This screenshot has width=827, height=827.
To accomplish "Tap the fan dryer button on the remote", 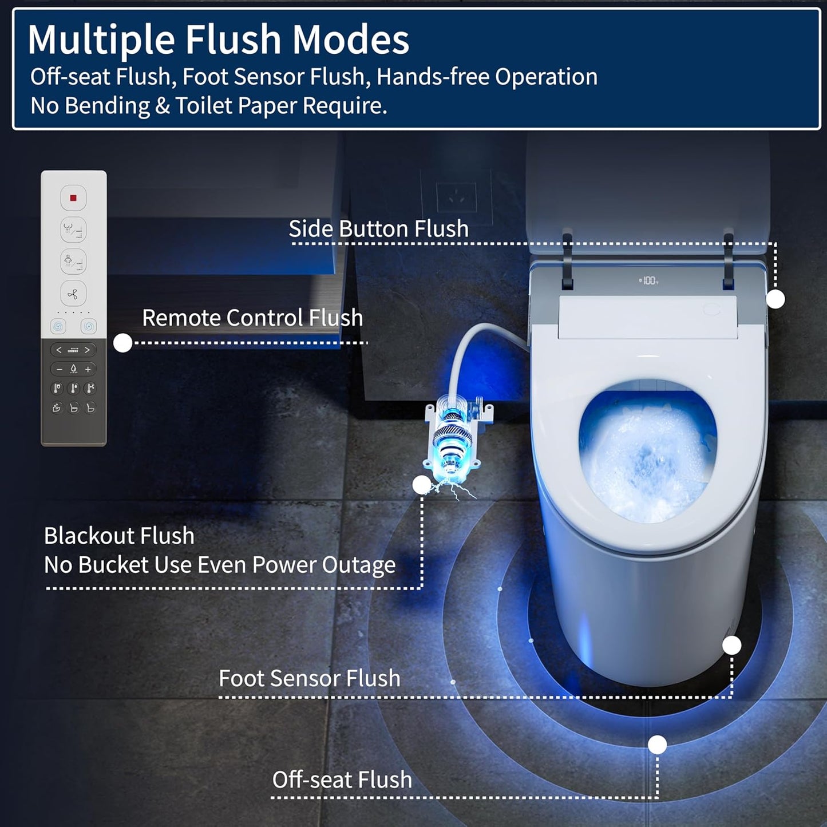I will coord(73,294).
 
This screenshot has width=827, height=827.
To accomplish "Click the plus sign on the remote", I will coord(88,369).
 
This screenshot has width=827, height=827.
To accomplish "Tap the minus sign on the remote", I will coord(59,369).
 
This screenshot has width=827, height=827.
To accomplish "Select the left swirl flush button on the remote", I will coord(57,326).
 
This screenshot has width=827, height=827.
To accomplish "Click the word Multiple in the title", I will coord(101,39).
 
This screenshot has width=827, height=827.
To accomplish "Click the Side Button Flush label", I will coord(378,228).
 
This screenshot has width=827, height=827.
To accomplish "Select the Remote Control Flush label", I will coord(252,318).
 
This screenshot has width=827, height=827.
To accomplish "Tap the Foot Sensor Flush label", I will coord(309,678).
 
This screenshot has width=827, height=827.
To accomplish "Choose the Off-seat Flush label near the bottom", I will coord(342,779).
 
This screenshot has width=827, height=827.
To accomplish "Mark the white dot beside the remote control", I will coord(123,343).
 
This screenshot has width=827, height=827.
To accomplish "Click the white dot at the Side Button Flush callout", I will coord(775,299).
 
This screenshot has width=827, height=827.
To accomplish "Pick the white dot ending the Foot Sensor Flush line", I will coord(732,645).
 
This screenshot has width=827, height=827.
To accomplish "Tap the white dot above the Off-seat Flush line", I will coord(658,745).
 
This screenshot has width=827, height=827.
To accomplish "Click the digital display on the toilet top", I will coord(649,280).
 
